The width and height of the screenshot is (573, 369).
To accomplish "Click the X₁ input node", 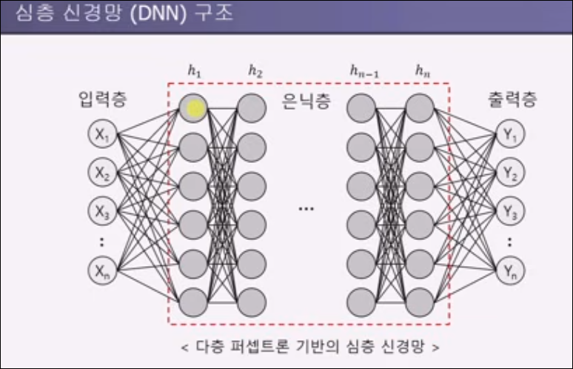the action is click(x=102, y=134).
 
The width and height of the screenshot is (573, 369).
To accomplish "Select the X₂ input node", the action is click(x=102, y=172).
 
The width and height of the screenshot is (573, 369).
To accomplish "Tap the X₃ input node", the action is click(x=102, y=211).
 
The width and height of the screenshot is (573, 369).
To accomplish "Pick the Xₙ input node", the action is click(x=102, y=271).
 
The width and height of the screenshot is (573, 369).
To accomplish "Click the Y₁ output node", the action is click(x=510, y=134).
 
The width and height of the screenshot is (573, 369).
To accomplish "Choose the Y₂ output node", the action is click(x=510, y=172).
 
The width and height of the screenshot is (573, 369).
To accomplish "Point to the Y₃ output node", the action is click(x=510, y=211).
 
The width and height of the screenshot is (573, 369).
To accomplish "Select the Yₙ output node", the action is click(x=510, y=271).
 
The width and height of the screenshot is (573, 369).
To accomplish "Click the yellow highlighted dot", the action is click(x=195, y=109).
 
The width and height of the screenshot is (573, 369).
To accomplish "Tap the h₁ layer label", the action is click(x=195, y=71).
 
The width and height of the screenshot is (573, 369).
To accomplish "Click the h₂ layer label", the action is click(x=255, y=71).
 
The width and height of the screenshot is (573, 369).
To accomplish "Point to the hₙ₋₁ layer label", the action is click(x=364, y=71).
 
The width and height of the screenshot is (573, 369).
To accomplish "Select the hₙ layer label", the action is click(x=423, y=70).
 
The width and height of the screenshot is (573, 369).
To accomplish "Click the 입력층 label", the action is click(x=103, y=99).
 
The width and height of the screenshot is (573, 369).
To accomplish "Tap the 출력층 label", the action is click(x=512, y=99).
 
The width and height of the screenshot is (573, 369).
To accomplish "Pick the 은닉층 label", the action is click(x=306, y=101).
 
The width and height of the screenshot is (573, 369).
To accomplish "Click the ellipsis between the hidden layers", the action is click(x=306, y=209).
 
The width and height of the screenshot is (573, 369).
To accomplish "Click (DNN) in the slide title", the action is click(x=158, y=14).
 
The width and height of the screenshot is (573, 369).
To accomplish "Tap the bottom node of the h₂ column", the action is click(x=252, y=302).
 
